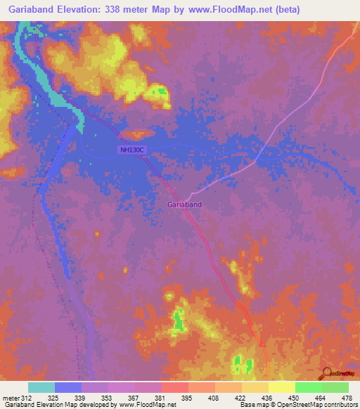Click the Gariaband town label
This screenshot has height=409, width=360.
[x=185, y=204]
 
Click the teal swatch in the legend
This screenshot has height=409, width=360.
[x=41, y=387]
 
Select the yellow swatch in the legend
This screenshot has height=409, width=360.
[x=281, y=387]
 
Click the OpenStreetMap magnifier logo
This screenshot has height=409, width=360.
[x=326, y=374]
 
